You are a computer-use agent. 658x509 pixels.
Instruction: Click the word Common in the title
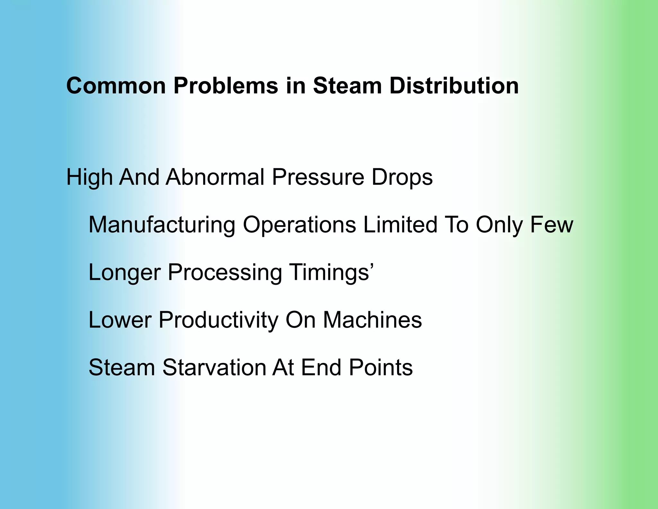(116, 86)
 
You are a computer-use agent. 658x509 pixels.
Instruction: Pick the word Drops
(402, 178)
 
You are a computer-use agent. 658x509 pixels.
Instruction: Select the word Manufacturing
(162, 225)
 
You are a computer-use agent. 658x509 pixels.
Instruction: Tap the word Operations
(299, 225)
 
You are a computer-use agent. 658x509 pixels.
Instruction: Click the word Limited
(400, 224)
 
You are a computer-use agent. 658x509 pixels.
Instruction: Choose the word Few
(551, 224)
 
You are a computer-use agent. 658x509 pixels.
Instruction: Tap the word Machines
(372, 320)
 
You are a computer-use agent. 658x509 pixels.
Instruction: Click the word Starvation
(214, 367)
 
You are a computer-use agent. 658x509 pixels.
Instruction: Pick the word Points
(381, 367)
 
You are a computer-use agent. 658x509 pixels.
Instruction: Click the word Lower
(120, 320)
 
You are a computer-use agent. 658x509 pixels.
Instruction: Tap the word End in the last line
(321, 367)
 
